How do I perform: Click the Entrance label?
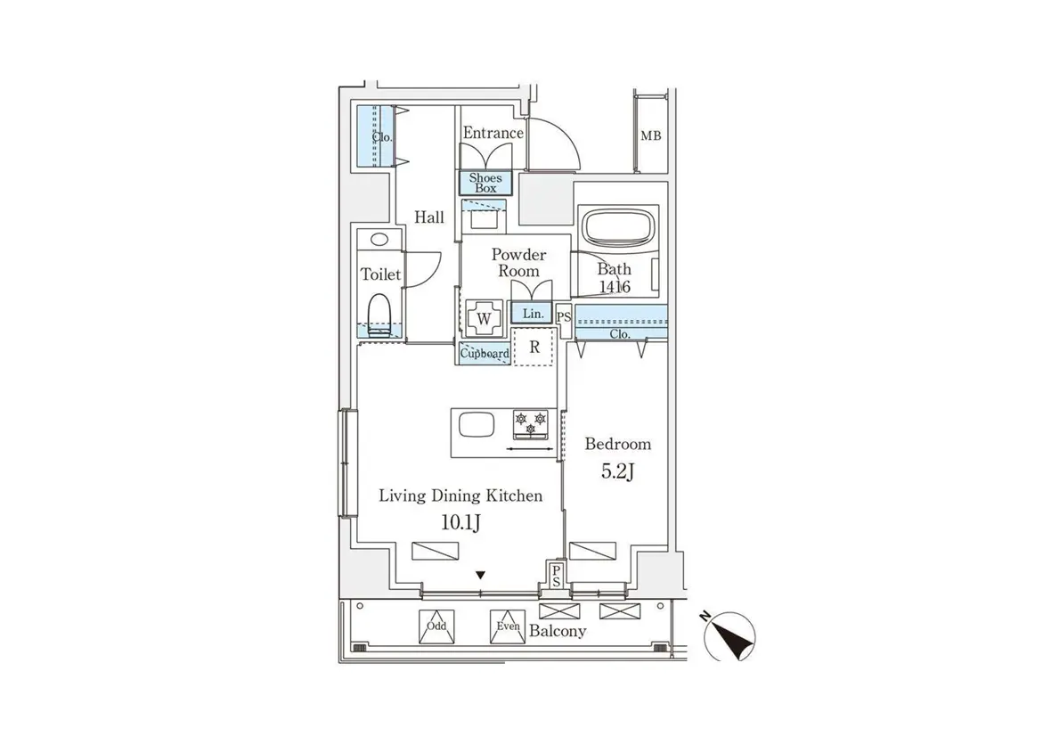pos(493,133)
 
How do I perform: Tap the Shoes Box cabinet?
pos(485,183)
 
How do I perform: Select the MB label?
pos(651,136)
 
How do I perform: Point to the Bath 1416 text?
pos(614,278)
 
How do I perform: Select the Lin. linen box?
pos(532,314)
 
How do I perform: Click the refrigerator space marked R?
pos(534,348)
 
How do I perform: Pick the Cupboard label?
pos(485,354)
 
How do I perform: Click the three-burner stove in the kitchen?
pos(532,423)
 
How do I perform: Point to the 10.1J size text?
pos(460,523)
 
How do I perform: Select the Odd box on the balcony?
pos(436,626)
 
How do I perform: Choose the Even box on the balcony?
pos(508,626)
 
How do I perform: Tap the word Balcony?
pos(558,631)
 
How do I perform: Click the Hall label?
pos(428,217)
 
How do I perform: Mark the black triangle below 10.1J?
pos(481,575)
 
